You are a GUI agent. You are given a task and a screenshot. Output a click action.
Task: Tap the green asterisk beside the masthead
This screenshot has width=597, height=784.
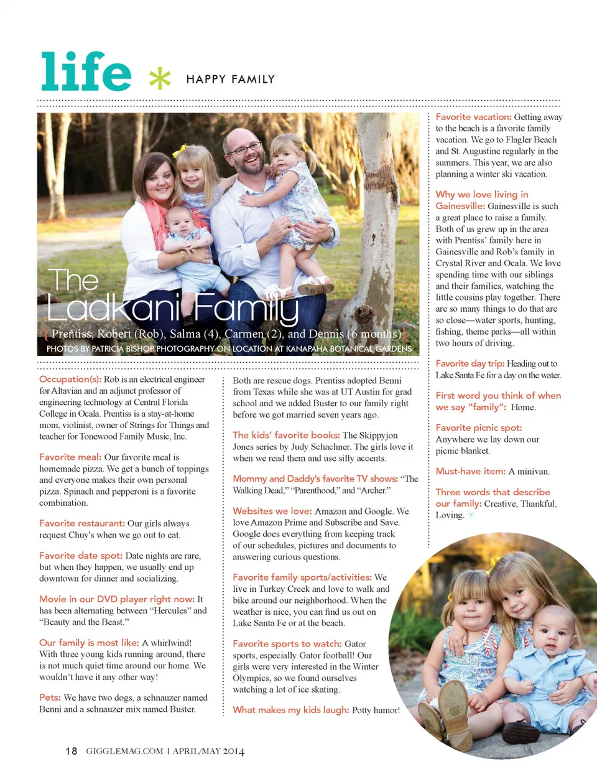160,78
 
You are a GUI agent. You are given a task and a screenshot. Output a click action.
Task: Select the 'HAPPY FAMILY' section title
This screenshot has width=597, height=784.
230,79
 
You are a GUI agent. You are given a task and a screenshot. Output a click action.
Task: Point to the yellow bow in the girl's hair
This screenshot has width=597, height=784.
180,150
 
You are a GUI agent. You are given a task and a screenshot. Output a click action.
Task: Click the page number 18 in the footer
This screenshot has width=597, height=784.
71,751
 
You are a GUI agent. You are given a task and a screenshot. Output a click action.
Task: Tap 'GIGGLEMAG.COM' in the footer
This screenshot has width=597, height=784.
124,751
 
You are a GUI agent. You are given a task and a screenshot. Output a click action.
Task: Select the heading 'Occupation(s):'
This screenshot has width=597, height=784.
70,379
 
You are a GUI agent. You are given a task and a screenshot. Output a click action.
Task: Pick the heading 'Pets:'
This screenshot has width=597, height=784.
50,698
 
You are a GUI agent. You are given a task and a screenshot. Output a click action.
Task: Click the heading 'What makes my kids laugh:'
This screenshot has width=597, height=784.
291,710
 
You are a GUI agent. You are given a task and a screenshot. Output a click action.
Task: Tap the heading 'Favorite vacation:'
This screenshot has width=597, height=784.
473,116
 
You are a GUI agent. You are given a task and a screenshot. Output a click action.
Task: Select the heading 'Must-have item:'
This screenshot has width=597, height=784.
471,471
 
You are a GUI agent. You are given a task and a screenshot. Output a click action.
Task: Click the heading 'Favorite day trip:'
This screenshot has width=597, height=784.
470,363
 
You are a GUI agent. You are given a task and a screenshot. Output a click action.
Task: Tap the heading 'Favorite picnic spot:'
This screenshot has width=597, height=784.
479,427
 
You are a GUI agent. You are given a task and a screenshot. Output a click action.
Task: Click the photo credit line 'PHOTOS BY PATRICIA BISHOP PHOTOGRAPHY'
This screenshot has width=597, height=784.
131,349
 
